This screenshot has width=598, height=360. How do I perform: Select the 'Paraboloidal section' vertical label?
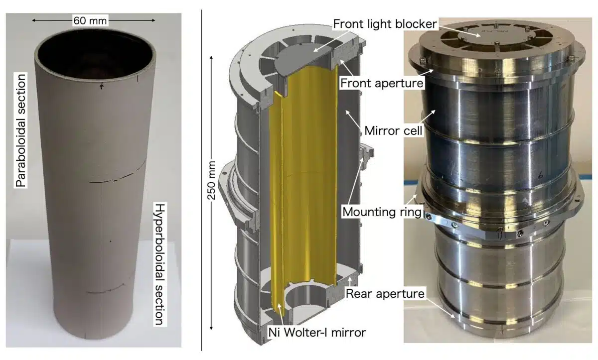(20, 128)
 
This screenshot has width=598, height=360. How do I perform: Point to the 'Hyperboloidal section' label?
(159, 264)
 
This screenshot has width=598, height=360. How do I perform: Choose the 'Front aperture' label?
(381, 83)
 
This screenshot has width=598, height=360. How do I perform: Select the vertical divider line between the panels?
(201, 179)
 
